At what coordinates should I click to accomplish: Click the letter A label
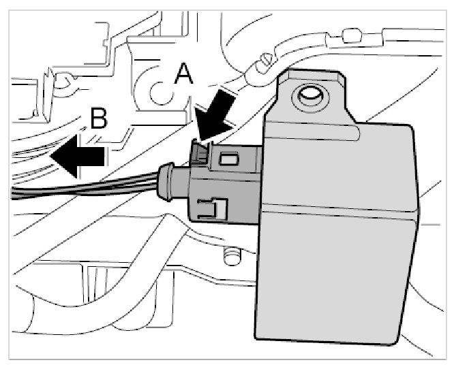[x=183, y=73]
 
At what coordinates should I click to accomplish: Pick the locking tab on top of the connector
[x=200, y=151]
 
